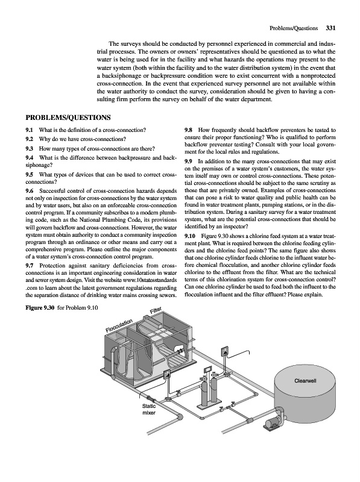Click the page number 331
(330, 28)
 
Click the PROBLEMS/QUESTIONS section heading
(68, 117)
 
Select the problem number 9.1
(30, 130)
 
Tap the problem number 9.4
(30, 158)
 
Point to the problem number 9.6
(30, 191)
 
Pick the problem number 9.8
(188, 130)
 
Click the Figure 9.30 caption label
(40, 308)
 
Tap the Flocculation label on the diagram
(119, 325)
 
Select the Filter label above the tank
(156, 311)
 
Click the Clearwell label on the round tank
(305, 381)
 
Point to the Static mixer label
(148, 409)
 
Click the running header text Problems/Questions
(294, 28)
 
